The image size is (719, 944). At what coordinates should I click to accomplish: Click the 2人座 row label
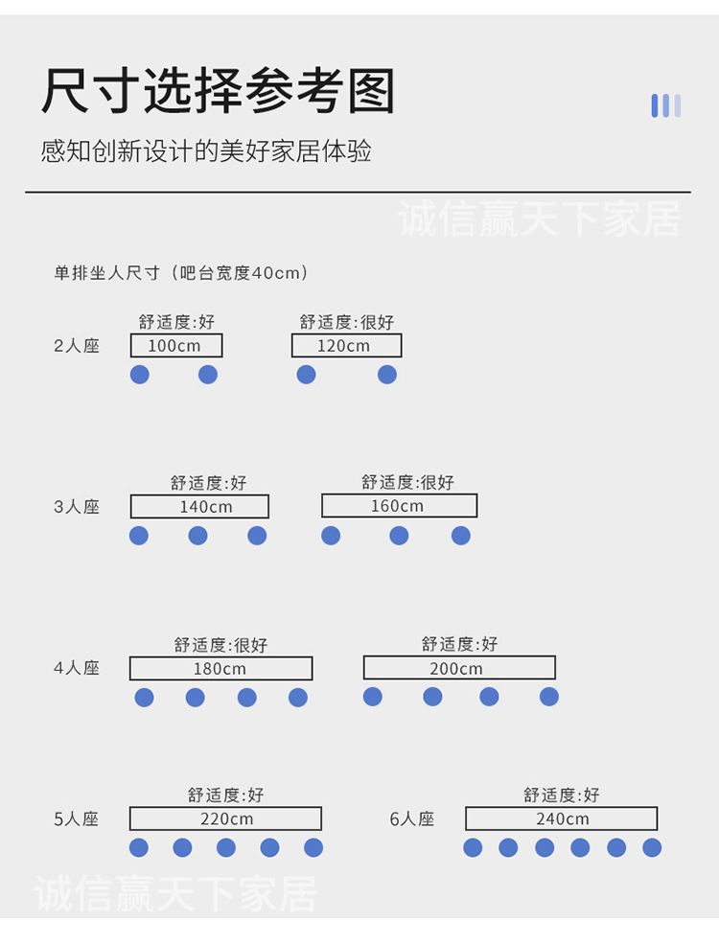[77, 346]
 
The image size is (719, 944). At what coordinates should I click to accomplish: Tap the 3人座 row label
[77, 507]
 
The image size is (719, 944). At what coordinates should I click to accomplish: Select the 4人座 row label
[77, 668]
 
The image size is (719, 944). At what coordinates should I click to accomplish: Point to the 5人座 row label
[77, 819]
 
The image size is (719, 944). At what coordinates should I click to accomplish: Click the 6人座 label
[412, 819]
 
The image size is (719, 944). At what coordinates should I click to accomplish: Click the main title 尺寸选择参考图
[218, 90]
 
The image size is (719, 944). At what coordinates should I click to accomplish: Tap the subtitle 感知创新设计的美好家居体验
[206, 151]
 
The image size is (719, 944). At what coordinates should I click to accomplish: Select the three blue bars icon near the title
[666, 106]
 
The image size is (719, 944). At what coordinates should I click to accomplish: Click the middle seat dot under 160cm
[399, 535]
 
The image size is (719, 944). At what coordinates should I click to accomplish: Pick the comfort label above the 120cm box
[347, 322]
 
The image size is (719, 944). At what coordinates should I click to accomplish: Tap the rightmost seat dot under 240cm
[652, 847]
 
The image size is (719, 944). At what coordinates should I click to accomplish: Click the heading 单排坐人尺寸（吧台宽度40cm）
[180, 273]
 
